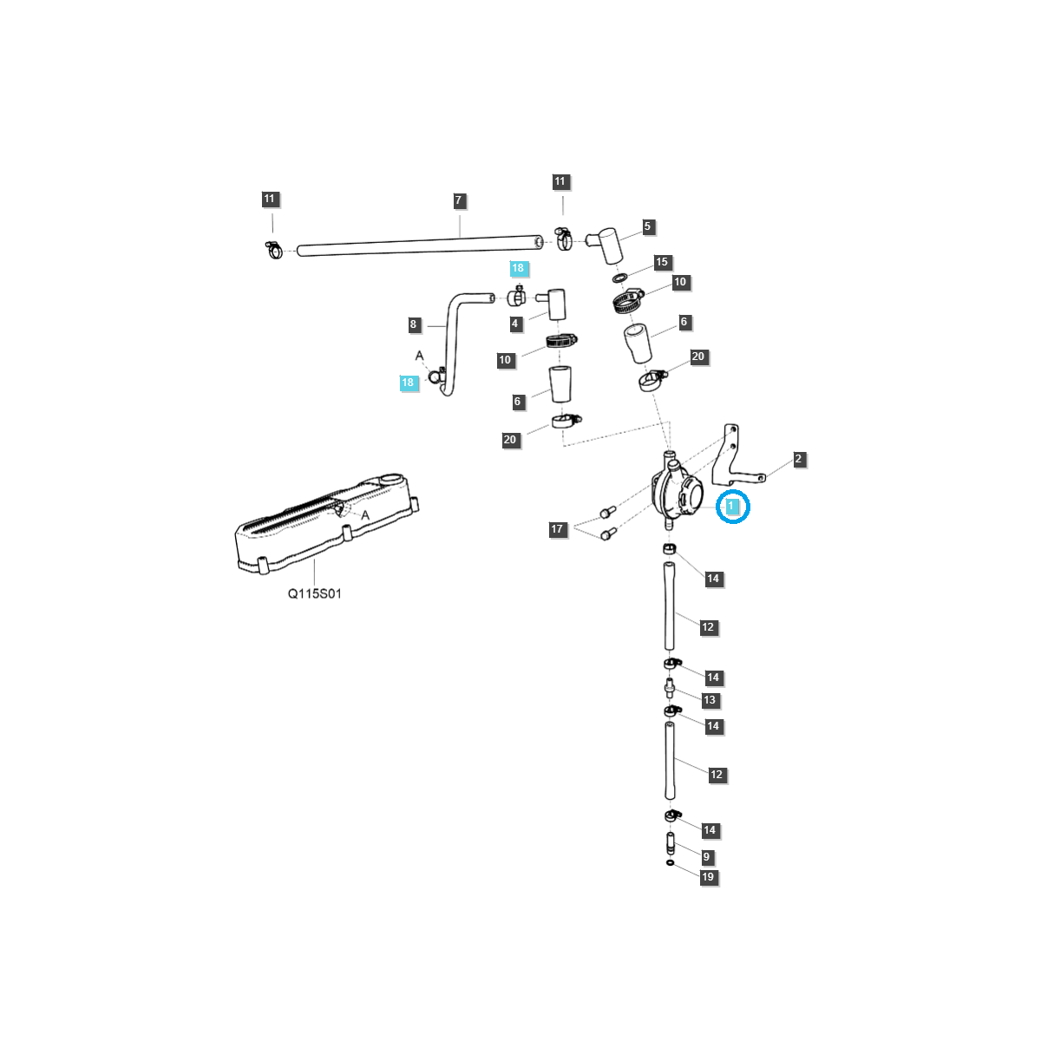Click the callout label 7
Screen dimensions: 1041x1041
point(459,201)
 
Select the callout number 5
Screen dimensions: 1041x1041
point(647,227)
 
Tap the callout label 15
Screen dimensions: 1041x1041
point(662,262)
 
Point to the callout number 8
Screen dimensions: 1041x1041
point(414,325)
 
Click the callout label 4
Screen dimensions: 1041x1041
point(515,324)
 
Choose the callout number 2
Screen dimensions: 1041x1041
point(798,460)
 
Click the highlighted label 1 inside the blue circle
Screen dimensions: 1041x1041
point(732,506)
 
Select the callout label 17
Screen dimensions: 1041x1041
point(557,529)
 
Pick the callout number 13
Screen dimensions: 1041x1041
point(710,700)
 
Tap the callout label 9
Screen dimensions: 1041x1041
point(706,857)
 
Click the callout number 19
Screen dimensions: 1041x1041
point(708,877)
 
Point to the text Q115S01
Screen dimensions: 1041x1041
point(315,594)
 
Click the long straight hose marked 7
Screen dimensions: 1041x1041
point(416,246)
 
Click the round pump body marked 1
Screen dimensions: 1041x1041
point(673,495)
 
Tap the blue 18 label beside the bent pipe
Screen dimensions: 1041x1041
point(408,383)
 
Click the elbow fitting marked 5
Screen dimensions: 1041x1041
point(608,243)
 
